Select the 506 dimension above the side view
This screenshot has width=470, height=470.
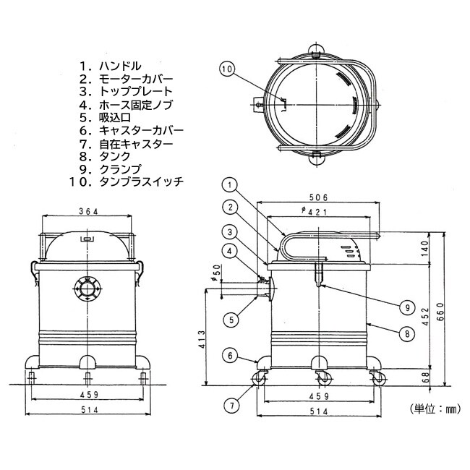pyautogui.click(x=319, y=197)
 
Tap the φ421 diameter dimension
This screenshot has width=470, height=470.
pyautogui.click(x=319, y=212)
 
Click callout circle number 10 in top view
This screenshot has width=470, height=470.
pyautogui.click(x=227, y=69)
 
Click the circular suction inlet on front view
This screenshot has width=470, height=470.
pyautogui.click(x=87, y=291)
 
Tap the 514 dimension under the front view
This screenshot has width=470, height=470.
pyautogui.click(x=87, y=410)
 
